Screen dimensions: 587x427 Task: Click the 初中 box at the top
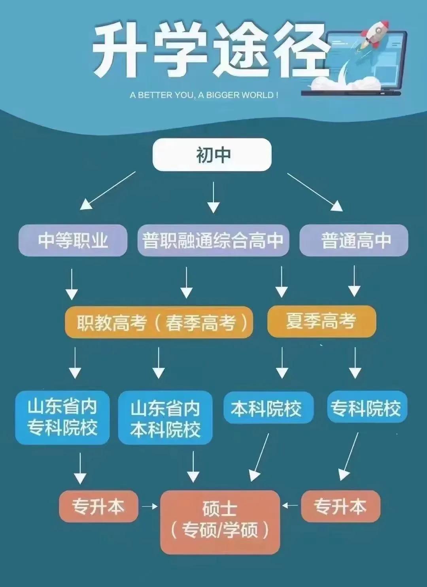tap(212, 155)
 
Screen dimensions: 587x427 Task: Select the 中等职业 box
tap(73, 240)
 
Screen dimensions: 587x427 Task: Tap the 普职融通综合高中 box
tap(213, 240)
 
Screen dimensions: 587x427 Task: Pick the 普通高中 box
tap(354, 240)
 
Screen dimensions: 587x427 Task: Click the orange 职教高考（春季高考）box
tap(159, 322)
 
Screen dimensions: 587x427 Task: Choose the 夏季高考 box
tap(321, 321)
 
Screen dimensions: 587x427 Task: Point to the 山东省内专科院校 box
tap(62, 417)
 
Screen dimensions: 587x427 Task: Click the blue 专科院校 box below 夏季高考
tap(367, 407)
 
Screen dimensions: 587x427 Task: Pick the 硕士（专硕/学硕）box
tap(220, 521)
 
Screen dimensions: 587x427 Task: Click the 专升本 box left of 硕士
tap(98, 507)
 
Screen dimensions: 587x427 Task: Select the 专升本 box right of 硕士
tap(340, 507)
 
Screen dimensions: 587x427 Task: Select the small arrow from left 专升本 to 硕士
tap(149, 506)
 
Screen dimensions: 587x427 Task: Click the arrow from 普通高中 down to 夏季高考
tap(354, 281)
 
